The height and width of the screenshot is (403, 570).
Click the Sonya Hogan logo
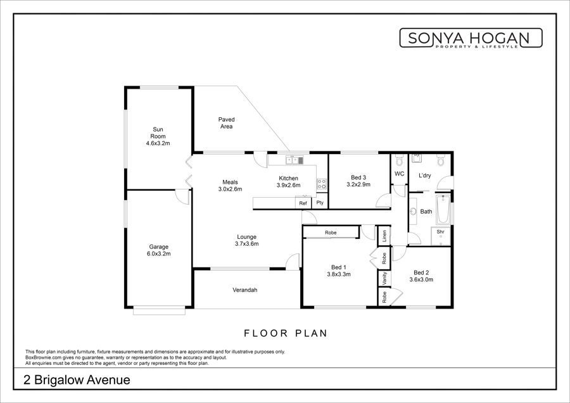[471, 38]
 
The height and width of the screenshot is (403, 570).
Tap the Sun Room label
[158, 133]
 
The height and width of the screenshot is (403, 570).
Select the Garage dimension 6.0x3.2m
[158, 254]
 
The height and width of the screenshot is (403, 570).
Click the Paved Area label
[227, 123]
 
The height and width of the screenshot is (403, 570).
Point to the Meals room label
[230, 182]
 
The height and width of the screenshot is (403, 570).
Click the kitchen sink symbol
[294, 159]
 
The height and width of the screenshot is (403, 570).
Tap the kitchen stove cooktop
[321, 184]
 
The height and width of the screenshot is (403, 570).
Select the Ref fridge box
[303, 203]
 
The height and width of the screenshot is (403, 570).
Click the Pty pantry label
[320, 203]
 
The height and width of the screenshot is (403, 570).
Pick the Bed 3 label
[358, 177]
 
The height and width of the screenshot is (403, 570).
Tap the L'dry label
[424, 176]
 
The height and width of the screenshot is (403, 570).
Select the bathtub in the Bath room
[443, 210]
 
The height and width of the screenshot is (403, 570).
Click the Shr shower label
[441, 232]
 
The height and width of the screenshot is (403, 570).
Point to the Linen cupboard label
[384, 236]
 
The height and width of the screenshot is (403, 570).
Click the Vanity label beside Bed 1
[384, 279]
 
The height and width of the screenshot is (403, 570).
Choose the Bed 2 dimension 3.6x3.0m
[421, 279]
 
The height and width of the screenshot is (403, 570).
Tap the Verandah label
[245, 290]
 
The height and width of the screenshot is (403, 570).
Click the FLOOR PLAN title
[286, 333]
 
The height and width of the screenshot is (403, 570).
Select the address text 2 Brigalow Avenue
[77, 380]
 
